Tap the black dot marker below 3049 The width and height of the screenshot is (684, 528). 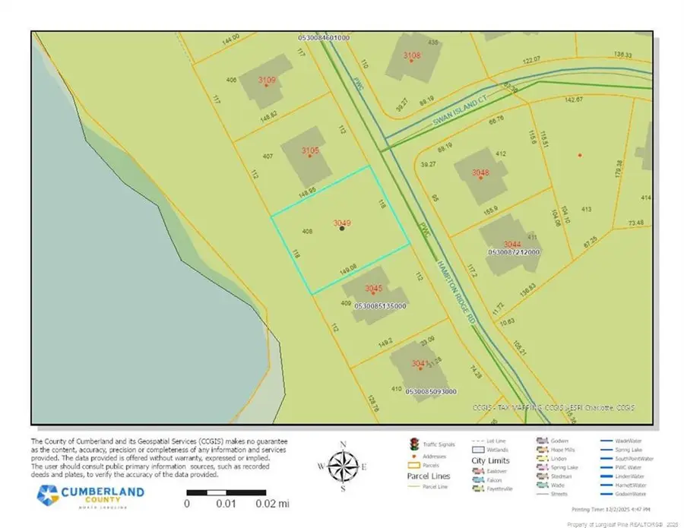pyautogui.click(x=342, y=228)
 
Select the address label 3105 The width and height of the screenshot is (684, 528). pyautogui.click(x=310, y=152)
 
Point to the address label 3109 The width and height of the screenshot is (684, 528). pyautogui.click(x=267, y=80)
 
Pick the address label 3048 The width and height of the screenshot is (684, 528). pyautogui.click(x=480, y=173)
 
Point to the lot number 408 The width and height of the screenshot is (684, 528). pyautogui.click(x=307, y=231)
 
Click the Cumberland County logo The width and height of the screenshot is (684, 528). pyautogui.click(x=91, y=495)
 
